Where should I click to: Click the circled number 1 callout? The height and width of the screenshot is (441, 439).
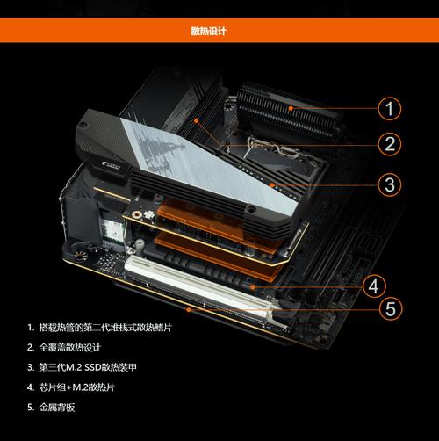coord(391,109)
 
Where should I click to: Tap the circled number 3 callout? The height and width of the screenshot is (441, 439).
coord(391,185)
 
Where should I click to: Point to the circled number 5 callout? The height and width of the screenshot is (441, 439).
coord(391,309)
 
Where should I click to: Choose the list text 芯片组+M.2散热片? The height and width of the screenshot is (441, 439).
coord(84,387)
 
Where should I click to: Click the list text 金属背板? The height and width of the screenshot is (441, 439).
coord(57,408)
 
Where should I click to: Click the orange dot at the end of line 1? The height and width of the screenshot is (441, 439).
coord(297,109)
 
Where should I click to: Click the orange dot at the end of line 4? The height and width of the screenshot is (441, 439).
coord(254,286)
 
